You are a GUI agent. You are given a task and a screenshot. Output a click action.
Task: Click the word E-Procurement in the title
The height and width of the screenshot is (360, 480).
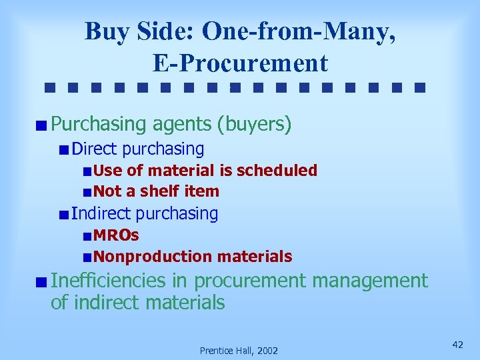240,63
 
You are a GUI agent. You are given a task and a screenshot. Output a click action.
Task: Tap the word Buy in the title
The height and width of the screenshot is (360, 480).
103,31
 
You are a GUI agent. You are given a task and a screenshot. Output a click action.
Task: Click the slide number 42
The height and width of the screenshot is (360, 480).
457,344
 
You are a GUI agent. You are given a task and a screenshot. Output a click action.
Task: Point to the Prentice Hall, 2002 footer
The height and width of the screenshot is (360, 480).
239,350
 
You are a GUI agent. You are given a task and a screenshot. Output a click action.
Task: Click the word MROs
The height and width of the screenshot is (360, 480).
116,235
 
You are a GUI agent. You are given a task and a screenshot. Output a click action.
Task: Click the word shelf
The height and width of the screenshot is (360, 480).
161,191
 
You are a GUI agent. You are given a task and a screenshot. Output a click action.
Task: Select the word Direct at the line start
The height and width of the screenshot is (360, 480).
95,148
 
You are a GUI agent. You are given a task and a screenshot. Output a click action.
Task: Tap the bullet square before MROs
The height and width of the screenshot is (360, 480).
88,235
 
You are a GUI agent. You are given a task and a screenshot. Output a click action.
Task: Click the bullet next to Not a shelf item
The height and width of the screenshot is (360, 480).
88,192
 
